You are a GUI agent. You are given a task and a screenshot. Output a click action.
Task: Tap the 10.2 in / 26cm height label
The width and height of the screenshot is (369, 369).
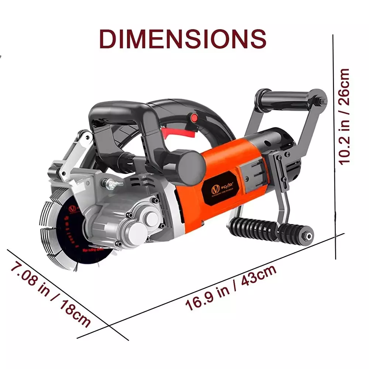click(344, 116)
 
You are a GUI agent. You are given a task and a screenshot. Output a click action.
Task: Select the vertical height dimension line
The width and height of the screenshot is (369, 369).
click(334, 148)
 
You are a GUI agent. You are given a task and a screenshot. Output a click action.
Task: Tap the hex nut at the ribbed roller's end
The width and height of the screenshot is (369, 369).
click(307, 234)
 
